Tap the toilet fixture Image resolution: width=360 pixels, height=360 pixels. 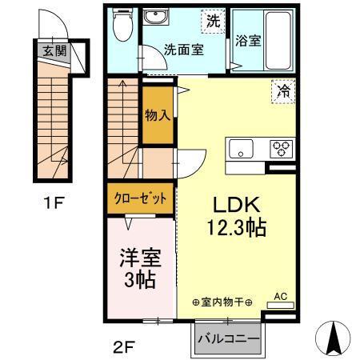point(122,29)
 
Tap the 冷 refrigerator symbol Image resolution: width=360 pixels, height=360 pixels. point(283,90)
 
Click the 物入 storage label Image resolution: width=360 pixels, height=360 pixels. point(157,115)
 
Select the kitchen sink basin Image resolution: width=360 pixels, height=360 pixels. point(240,149)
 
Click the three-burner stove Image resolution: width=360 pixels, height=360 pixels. point(281,148)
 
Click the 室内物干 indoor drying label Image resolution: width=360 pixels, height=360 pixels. point(222,302)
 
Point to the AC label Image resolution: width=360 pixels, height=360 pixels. point(280,295)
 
